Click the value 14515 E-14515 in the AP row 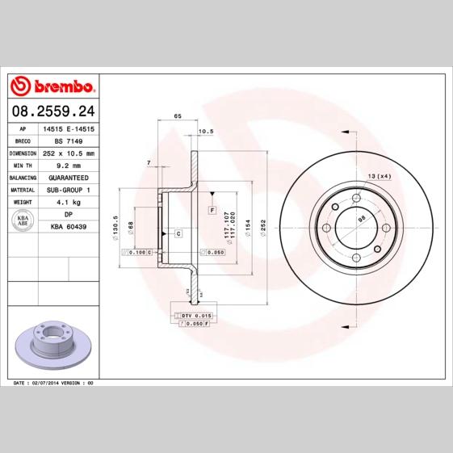pos(69,129)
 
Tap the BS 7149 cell pos(69,141)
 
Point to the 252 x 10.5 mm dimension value pos(69,153)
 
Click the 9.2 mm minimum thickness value pos(69,165)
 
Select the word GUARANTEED pos(69,177)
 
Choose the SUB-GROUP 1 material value pos(69,189)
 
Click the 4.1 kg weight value pos(69,201)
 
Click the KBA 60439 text pos(69,227)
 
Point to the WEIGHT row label pos(23,201)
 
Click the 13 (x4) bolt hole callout pos(379,176)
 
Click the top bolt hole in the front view pos(356,198)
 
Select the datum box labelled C pos(177,233)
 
